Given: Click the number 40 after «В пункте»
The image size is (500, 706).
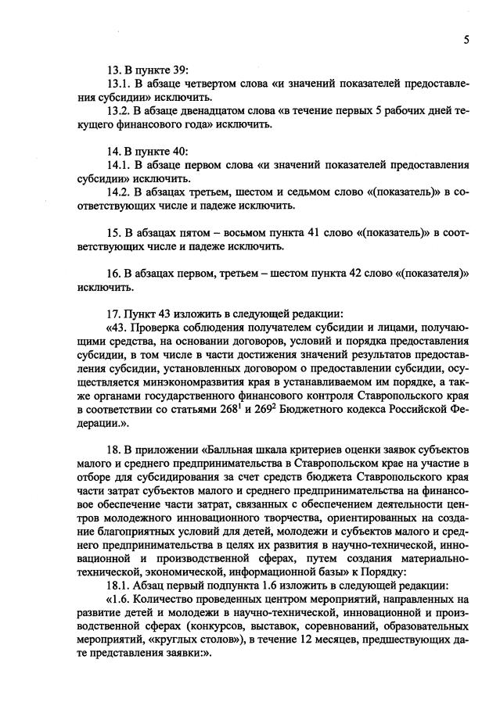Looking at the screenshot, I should coord(178,152).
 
